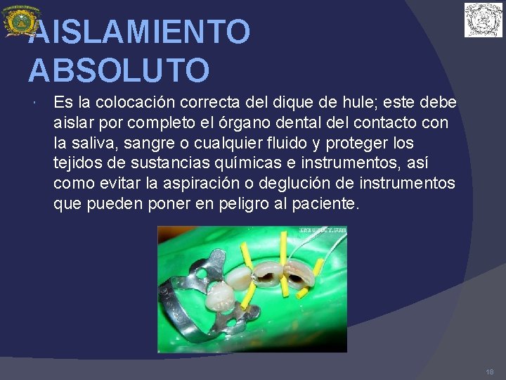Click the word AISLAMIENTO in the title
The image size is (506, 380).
point(139,32)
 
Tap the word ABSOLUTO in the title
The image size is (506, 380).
point(119,70)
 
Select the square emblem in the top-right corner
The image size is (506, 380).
point(483,20)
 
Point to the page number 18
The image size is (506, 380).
point(489,371)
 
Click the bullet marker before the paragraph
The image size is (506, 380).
point(34,104)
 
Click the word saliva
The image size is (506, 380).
point(96,144)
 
